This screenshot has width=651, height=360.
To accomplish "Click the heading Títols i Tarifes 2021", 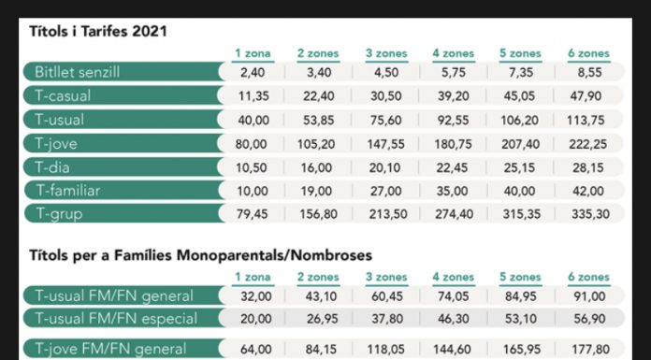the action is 98,32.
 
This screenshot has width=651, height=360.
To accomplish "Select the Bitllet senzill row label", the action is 78,72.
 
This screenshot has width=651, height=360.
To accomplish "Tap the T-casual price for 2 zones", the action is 318,96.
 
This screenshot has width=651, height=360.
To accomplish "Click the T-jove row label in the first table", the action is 56,144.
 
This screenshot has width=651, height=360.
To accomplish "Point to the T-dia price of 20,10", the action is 385,167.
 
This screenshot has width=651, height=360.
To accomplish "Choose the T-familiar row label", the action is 68,191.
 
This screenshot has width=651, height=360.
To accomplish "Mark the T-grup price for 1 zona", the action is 253,214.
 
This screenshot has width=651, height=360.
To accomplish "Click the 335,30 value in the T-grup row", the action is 590,214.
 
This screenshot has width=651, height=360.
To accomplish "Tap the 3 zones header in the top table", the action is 386,53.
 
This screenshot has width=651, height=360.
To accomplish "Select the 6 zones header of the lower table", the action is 588,277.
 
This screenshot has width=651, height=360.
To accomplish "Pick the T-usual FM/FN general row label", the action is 114,296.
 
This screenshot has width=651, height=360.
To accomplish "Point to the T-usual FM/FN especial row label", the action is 116,319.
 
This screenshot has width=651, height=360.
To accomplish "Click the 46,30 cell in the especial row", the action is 453,319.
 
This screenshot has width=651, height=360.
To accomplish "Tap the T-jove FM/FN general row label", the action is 110,349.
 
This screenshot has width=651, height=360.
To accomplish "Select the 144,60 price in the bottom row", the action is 453,350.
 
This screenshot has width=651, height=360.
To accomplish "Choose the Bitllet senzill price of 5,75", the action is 454,73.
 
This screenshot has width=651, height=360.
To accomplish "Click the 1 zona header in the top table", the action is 253,53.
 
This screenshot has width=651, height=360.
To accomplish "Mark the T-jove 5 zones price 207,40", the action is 521,144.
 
